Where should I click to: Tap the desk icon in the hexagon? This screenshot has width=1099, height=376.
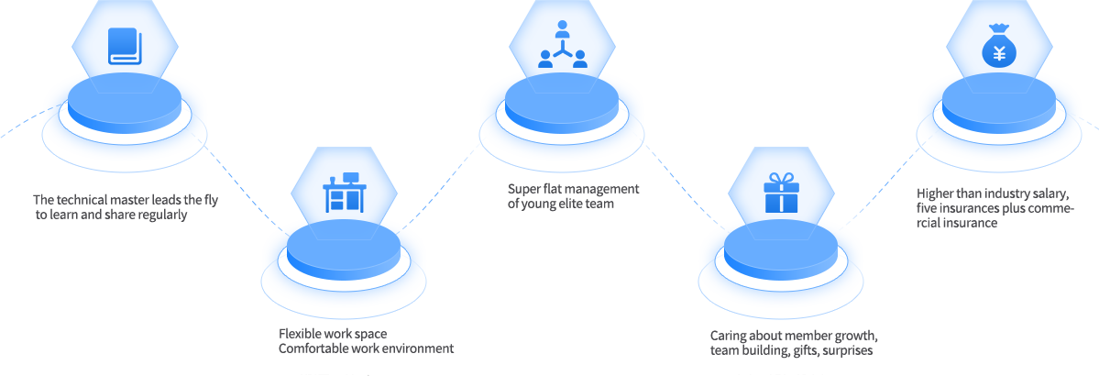[x=344, y=194]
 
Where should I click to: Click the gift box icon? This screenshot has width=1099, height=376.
[x=781, y=193]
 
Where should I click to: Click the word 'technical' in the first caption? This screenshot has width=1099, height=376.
[x=82, y=200]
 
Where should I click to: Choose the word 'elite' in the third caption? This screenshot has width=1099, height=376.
[x=572, y=204]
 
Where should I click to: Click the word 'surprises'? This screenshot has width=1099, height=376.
[x=848, y=350]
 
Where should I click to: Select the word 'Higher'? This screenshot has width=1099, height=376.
[x=937, y=194]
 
